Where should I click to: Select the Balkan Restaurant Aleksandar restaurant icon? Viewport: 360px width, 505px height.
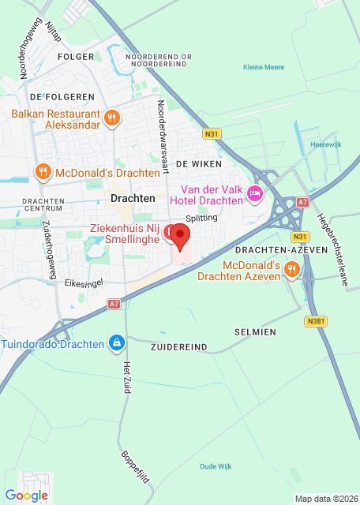113,118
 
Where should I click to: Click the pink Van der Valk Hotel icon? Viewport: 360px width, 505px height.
254,193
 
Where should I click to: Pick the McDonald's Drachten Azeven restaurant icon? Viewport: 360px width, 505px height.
292,269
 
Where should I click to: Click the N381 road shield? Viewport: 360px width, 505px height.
314,322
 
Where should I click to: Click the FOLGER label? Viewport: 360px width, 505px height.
77,57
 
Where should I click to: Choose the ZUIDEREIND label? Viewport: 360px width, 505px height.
178,346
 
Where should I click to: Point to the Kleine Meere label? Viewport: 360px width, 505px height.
264,68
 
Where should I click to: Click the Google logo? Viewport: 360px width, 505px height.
27,496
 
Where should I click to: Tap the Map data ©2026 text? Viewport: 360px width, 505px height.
325,499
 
